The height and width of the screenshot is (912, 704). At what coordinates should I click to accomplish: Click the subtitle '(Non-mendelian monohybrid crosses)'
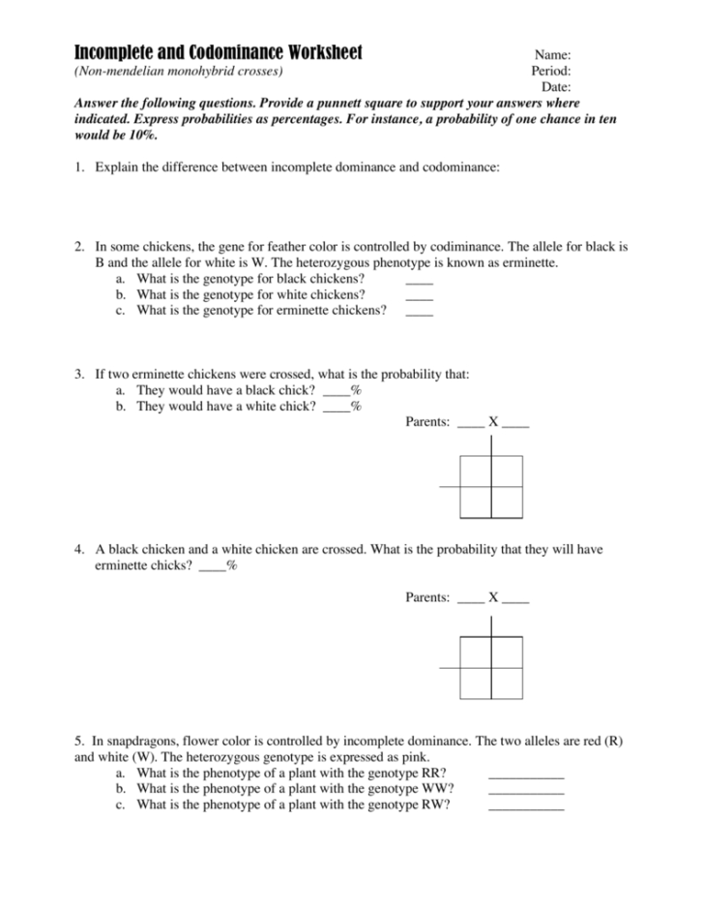(179, 72)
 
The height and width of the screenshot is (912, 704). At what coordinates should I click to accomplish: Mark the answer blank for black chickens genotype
(419, 279)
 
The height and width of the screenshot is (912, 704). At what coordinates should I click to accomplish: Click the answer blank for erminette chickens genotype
(419, 311)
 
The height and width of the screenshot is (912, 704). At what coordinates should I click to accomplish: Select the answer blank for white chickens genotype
(419, 294)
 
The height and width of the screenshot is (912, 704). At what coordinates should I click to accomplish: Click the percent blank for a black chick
(336, 390)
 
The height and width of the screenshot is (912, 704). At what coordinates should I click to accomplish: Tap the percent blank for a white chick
(336, 407)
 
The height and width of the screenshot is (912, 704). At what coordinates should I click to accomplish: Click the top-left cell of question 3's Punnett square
(476, 471)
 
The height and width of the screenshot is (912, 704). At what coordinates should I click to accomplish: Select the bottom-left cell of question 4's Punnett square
(476, 683)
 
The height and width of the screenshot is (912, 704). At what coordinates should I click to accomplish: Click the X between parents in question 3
(493, 423)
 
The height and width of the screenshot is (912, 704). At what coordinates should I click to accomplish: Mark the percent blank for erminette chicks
(211, 565)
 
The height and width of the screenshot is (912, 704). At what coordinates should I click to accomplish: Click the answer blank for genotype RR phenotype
(526, 774)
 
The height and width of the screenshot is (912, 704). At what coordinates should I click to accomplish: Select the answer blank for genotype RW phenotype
(526, 806)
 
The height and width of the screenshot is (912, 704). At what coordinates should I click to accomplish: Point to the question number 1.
(78, 167)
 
